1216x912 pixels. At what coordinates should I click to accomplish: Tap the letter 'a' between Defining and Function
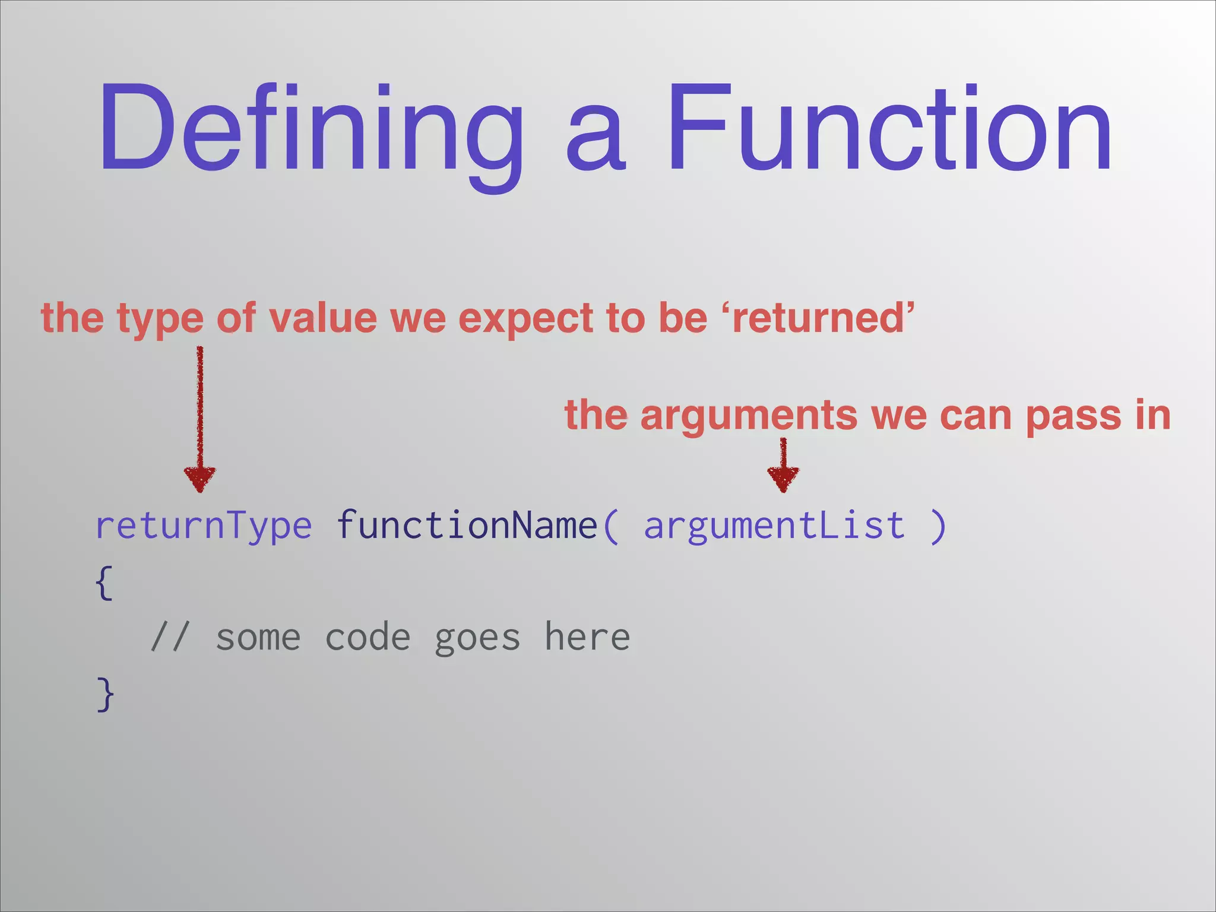(595, 140)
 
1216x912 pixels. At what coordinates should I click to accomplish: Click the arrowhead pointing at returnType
(200, 479)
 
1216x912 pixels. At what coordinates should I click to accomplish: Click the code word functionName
(467, 525)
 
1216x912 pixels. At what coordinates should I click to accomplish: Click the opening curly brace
(104, 582)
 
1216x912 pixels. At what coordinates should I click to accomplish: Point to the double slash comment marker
(169, 638)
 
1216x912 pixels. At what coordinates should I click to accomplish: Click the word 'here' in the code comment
(587, 638)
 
